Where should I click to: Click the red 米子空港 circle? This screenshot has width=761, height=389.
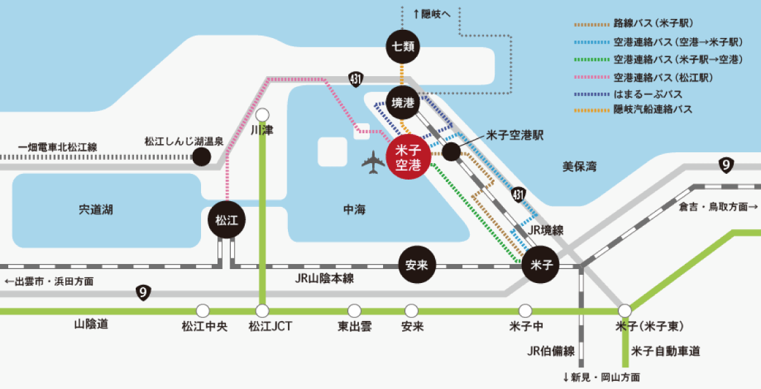tap(408, 157)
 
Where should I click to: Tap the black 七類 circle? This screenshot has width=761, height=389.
tap(403, 46)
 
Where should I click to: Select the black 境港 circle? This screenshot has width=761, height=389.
tap(403, 102)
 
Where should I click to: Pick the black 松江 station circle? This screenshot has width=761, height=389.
tap(226, 220)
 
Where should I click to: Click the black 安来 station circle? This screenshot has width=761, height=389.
tap(417, 265)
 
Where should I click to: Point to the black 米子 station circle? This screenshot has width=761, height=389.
tap(540, 265)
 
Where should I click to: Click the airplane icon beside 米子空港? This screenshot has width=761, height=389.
tap(373, 162)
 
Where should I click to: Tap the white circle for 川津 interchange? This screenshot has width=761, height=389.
tap(263, 115)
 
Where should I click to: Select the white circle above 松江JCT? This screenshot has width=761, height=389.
tap(263, 310)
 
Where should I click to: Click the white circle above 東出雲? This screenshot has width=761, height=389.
tap(354, 310)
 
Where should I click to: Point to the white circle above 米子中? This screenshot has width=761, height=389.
tap(525, 310)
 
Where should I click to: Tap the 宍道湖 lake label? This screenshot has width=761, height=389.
tap(96, 209)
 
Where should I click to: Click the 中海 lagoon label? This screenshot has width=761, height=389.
tap(354, 209)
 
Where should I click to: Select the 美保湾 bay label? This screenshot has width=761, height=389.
tap(579, 167)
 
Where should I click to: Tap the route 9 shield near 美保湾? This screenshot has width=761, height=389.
tap(726, 165)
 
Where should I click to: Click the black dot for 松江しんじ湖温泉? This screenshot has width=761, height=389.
tap(202, 157)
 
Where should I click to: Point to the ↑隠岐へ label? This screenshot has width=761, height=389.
tap(431, 14)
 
